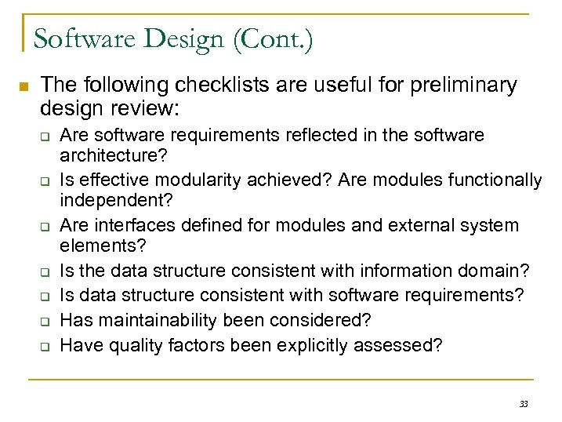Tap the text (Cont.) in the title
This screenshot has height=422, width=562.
(x=274, y=38)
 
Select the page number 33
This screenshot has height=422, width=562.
(x=524, y=404)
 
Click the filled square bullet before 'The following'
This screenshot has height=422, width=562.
(x=24, y=86)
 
